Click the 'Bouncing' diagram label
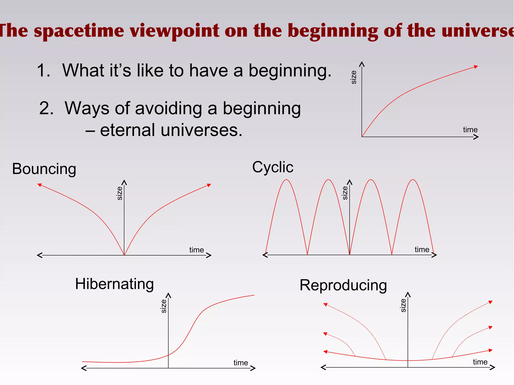point(44,169)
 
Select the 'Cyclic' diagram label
point(273,167)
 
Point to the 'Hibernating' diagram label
point(114,284)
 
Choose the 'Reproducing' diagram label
point(343,285)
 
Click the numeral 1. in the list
point(44,70)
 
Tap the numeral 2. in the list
point(46,108)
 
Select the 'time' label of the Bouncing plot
point(197,250)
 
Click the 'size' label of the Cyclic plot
point(345,193)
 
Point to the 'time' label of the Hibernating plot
point(241,363)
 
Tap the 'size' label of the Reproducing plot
point(403,305)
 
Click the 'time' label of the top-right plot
point(470,130)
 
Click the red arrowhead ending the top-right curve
point(476,67)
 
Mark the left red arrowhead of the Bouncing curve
point(39,185)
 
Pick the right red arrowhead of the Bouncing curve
point(209,185)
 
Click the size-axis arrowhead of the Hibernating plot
point(168,295)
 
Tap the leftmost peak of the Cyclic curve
point(286,180)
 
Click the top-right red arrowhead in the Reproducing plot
point(490,302)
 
